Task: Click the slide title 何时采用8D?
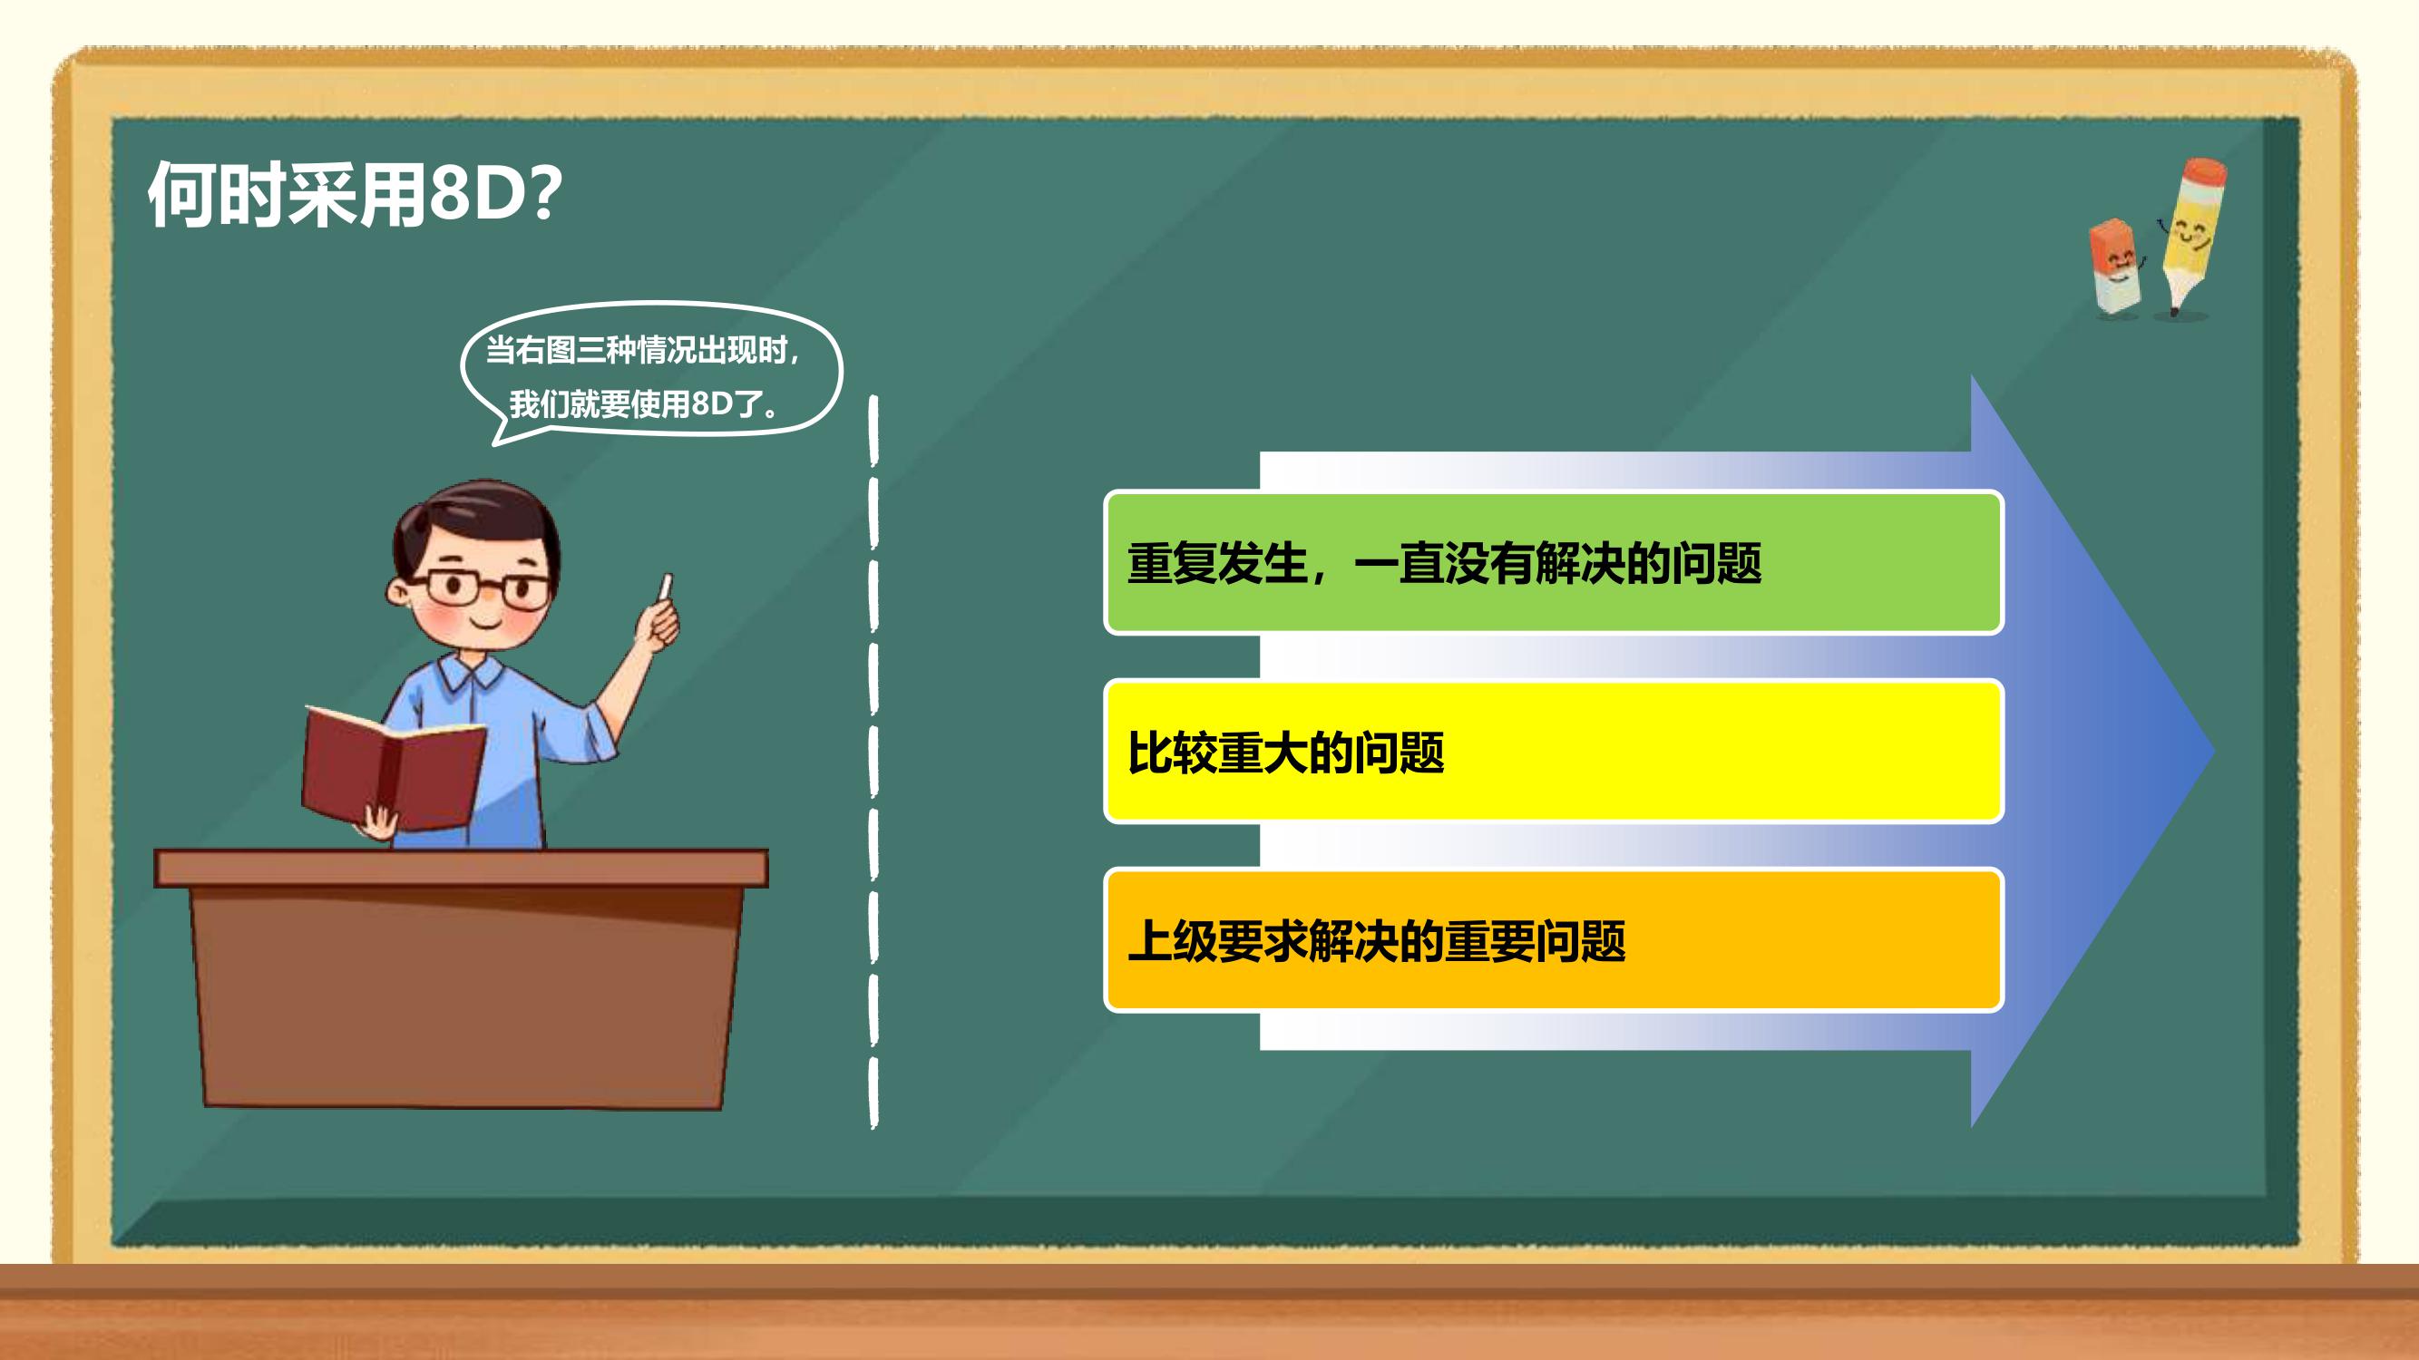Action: click(x=355, y=194)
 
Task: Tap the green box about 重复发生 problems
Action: click(x=1553, y=562)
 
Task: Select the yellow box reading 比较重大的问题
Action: click(x=1553, y=751)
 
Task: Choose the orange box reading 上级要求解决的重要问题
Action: click(x=1553, y=939)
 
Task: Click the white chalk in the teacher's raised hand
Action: click(x=667, y=586)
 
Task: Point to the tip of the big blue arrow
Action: click(x=2214, y=751)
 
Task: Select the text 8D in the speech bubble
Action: click(x=711, y=404)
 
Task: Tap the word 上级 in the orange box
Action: click(x=1172, y=940)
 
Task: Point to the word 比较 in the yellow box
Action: click(x=1172, y=752)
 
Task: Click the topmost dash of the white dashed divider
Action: click(x=873, y=431)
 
